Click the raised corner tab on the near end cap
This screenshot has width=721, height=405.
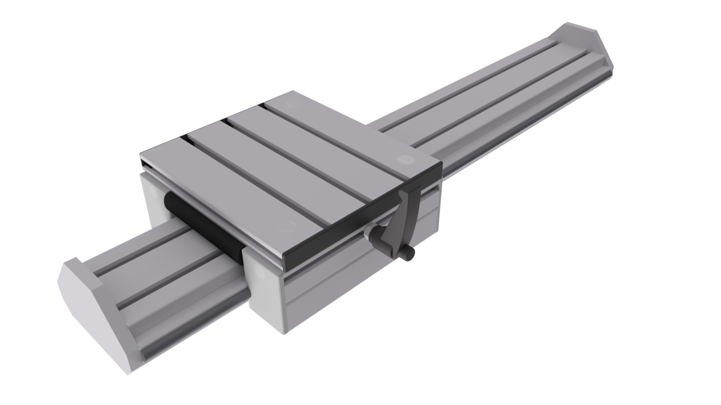75,262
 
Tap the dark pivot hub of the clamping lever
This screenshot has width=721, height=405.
377,235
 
